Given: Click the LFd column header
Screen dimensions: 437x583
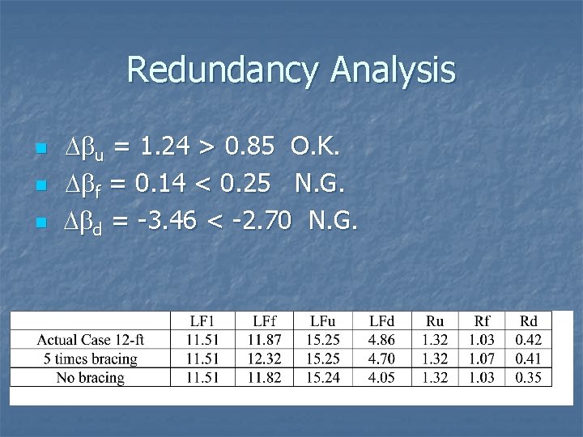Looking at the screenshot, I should [382, 321].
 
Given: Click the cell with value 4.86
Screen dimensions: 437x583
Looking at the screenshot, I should [382, 340].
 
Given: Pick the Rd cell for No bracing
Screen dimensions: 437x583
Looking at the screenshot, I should [527, 377].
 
